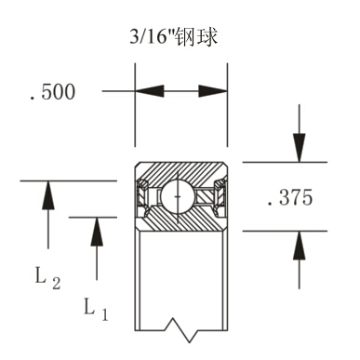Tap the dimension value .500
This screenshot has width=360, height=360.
(52, 92)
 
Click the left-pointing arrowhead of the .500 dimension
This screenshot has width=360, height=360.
(151, 91)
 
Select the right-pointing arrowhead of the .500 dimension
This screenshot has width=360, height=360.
(212, 91)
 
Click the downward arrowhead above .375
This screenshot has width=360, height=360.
(298, 147)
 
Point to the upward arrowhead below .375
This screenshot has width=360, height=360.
(298, 247)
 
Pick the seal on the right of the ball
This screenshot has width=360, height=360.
(217, 196)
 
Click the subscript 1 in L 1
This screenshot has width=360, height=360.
(104, 314)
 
